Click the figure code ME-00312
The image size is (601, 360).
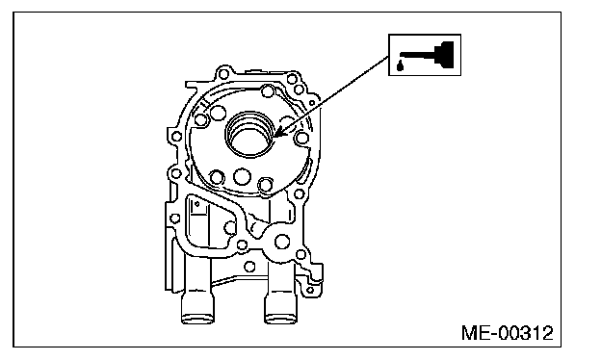507,333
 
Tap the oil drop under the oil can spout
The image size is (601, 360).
400,66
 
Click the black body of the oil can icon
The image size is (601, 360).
445,54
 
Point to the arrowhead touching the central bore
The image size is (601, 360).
279,133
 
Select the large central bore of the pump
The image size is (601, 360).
249,135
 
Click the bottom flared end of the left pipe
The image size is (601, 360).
197,318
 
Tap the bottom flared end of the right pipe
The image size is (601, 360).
281,318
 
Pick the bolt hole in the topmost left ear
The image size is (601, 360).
223,73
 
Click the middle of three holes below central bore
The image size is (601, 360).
242,177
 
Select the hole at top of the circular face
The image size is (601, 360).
267,91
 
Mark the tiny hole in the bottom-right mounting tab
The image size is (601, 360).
310,290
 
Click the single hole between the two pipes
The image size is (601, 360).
249,267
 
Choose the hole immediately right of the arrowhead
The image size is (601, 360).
302,138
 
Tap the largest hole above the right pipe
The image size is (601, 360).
282,242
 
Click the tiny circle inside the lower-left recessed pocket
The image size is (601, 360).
197,204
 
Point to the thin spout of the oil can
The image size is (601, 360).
417,55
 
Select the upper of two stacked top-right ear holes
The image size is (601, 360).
292,79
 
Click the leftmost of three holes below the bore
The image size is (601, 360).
217,177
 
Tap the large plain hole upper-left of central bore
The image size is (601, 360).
218,113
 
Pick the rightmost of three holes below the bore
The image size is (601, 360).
265,185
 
